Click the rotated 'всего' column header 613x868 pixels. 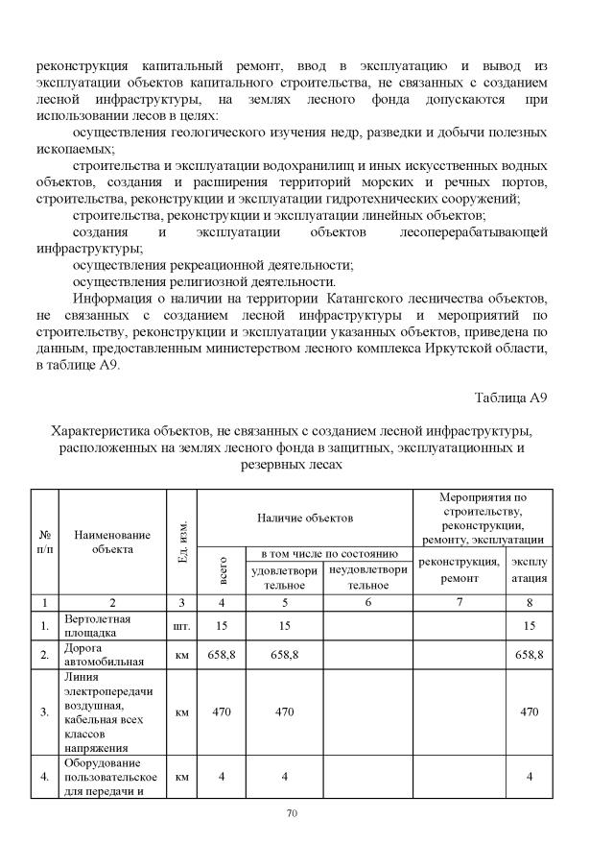tap(224, 572)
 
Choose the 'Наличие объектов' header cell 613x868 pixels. tap(305, 518)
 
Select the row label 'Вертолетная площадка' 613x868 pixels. tap(96, 626)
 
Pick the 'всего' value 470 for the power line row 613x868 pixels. tap(223, 712)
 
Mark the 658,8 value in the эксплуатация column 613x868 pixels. tap(529, 655)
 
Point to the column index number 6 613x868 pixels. tap(367, 603)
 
